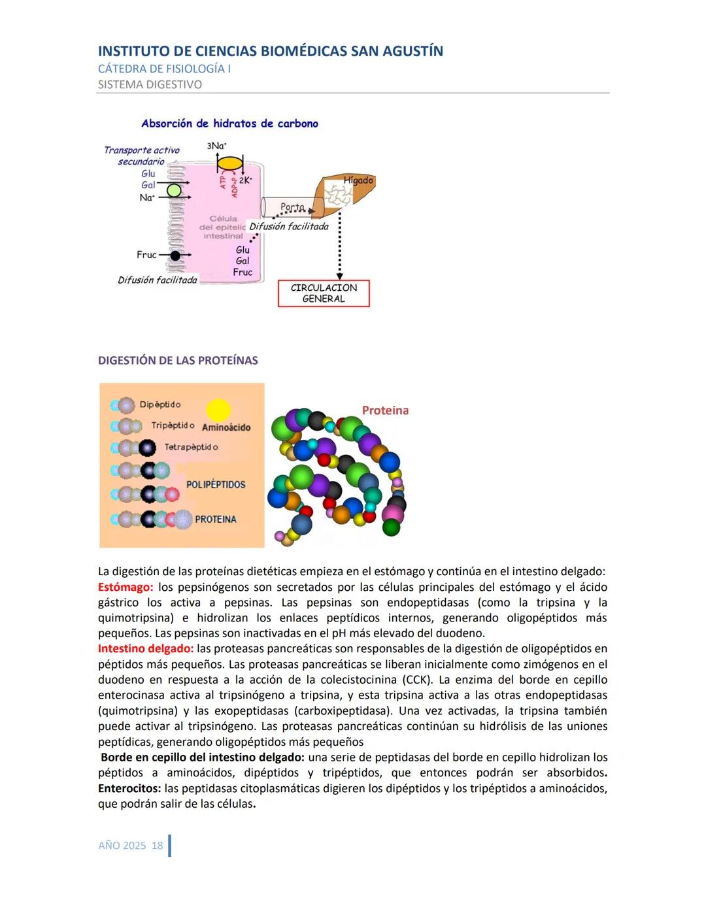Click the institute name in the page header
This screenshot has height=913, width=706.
[270, 51]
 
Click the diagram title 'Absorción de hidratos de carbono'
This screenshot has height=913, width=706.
[229, 124]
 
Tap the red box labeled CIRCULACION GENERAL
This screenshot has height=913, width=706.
[324, 293]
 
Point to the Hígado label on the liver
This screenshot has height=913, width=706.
[358, 180]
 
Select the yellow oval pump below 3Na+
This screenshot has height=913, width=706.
[229, 163]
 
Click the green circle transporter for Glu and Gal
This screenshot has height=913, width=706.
[174, 190]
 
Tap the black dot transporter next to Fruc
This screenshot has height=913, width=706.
[175, 255]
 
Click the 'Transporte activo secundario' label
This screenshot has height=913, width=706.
[141, 156]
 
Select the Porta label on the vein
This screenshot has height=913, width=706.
[292, 207]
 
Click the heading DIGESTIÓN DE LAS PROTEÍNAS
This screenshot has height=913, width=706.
[178, 361]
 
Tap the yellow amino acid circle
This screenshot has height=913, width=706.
[218, 410]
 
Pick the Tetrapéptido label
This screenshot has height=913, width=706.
[191, 447]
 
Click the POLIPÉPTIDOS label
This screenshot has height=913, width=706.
[216, 484]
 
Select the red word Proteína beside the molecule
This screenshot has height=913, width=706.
[385, 410]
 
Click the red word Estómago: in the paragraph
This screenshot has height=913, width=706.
[126, 587]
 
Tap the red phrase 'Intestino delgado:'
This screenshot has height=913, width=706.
[146, 649]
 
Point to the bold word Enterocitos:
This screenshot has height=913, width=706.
[129, 788]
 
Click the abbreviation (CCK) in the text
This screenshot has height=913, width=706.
[417, 680]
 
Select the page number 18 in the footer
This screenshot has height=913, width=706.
[157, 846]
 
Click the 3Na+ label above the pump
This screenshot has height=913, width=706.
[216, 146]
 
